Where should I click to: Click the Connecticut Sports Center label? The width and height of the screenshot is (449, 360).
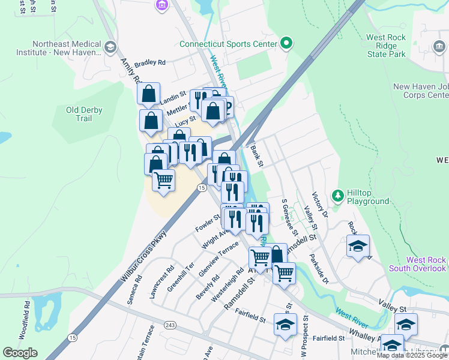228,44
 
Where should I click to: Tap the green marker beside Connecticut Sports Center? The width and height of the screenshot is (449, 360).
286,43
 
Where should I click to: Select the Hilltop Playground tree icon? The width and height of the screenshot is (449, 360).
338,195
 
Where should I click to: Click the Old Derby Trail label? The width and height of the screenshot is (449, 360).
84,114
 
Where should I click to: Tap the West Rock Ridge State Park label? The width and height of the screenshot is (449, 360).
386,46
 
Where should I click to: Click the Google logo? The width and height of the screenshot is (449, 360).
20,353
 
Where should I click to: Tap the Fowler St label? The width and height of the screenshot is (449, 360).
208,223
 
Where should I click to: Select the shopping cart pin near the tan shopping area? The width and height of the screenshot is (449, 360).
163,179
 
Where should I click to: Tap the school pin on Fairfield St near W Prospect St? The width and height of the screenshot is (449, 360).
285,325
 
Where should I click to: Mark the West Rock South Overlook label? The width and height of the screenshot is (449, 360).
426,264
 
